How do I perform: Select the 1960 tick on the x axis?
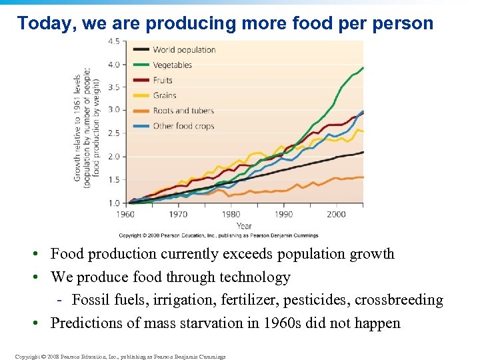point(125,214)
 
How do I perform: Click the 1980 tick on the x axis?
point(231,214)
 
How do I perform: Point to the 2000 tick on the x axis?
point(336,214)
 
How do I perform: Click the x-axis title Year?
point(244,225)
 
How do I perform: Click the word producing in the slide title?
point(185,23)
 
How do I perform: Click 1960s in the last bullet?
point(295,323)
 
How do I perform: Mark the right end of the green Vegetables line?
point(363,67)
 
